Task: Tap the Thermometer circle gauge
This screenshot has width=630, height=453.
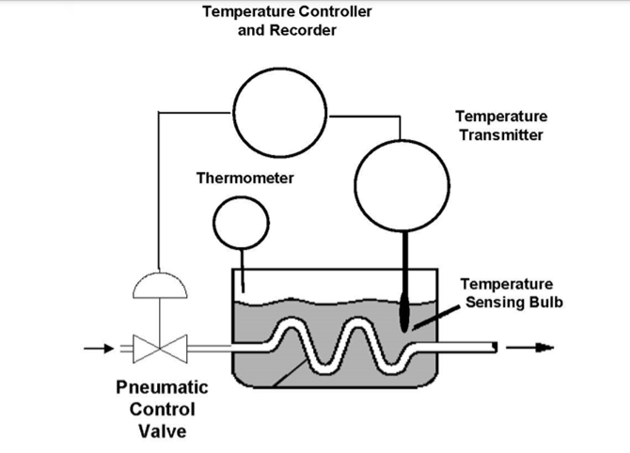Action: coord(241,221)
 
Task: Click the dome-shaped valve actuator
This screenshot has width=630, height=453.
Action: coord(159,286)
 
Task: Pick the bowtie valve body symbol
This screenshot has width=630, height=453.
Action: coord(159,350)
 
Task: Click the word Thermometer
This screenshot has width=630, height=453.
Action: coord(244,179)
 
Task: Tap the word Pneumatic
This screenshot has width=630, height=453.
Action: coord(162,387)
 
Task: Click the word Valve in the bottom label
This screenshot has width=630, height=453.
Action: coord(162,431)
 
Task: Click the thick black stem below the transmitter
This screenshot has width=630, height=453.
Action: coord(404,264)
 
